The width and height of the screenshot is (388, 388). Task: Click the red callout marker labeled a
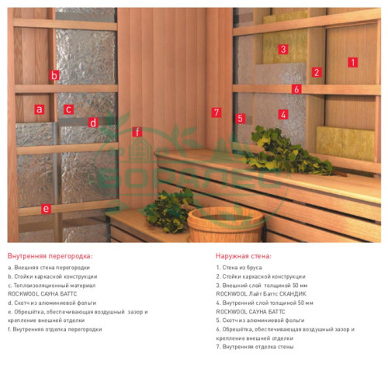[39, 109]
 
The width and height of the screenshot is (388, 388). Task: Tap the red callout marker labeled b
[54, 75]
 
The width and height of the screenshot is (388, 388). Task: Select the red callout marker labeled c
[68, 109]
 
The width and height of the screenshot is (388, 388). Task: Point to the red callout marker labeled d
[92, 122]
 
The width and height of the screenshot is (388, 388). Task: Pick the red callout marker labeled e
[46, 208]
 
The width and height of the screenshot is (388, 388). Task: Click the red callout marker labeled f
[137, 131]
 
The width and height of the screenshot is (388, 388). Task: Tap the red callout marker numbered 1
[352, 61]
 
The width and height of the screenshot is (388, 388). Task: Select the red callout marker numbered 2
[316, 72]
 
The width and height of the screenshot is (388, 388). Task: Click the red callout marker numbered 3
[283, 49]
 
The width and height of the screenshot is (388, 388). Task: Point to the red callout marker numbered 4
[282, 114]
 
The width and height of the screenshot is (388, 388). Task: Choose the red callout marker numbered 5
[241, 119]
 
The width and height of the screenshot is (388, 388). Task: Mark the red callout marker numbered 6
[296, 89]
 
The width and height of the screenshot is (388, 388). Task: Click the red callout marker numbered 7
[217, 112]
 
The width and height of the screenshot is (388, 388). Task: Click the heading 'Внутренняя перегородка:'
[50, 255]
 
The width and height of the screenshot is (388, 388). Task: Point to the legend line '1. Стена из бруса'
[242, 268]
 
